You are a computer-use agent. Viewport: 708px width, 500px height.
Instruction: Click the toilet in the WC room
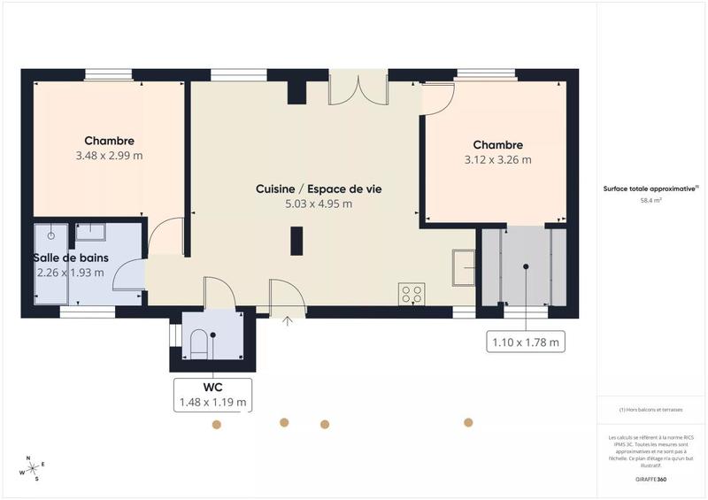pyautogui.click(x=199, y=343)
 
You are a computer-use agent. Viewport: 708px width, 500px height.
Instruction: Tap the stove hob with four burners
pyautogui.click(x=412, y=294)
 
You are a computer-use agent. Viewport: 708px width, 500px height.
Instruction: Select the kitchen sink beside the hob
pyautogui.click(x=463, y=268)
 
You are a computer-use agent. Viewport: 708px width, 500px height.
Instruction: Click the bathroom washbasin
pyautogui.click(x=90, y=233)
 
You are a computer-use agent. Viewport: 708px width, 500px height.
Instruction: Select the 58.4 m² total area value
pyautogui.click(x=651, y=201)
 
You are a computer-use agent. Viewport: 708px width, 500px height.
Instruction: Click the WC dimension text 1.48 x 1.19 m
pyautogui.click(x=212, y=403)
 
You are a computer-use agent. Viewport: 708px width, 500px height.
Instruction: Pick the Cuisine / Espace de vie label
pyautogui.click(x=318, y=188)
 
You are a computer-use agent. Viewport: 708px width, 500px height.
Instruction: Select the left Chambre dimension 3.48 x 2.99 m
pyautogui.click(x=110, y=156)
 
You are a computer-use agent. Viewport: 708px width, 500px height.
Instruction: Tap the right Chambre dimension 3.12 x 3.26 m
pyautogui.click(x=497, y=160)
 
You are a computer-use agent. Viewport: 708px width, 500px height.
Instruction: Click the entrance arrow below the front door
pyautogui.click(x=287, y=321)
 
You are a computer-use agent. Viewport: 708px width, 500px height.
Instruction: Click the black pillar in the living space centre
pyautogui.click(x=296, y=241)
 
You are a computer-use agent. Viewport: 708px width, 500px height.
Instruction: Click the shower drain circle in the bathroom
pyautogui.click(x=51, y=235)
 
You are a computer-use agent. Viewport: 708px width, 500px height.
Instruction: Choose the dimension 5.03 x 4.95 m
pyautogui.click(x=318, y=204)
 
